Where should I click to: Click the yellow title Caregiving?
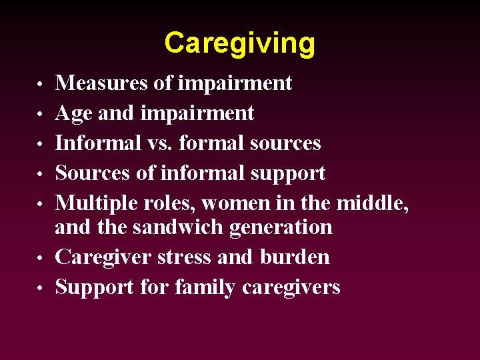pos(239,43)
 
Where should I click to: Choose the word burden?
pos(295,257)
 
